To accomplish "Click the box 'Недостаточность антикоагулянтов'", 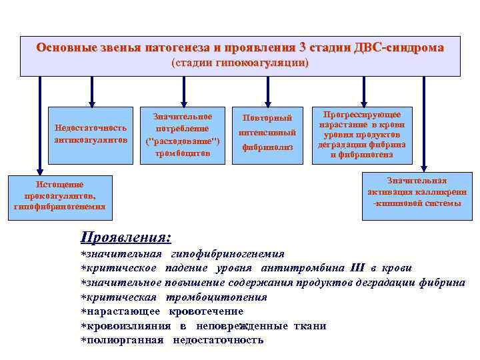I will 90,133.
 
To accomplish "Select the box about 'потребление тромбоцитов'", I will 183,135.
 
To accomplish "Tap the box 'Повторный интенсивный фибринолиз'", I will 267,133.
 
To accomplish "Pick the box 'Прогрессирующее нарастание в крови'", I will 363,134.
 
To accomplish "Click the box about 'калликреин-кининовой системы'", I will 417,192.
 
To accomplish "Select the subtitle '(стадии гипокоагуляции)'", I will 240,63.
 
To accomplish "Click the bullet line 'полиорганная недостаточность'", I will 172,340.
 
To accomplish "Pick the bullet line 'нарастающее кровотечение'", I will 162,311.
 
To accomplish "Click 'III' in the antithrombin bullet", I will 357,268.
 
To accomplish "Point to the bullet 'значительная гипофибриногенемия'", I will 183,254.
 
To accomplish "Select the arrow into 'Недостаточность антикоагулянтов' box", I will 90,91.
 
